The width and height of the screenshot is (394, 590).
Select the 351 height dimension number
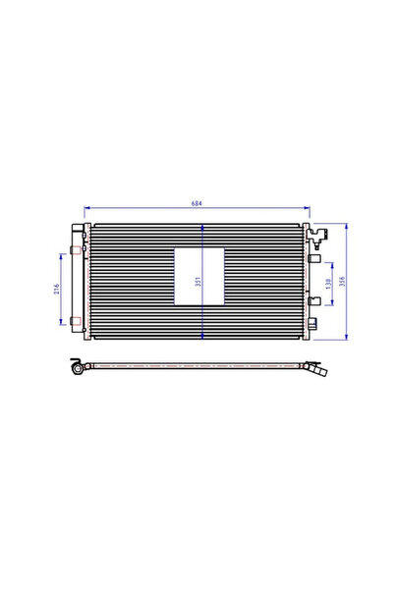pyautogui.click(x=197, y=282)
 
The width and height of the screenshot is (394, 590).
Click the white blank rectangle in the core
pyautogui.click(x=197, y=276)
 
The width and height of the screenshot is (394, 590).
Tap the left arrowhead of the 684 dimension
pyautogui.click(x=89, y=209)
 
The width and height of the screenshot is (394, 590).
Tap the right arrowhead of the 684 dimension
pyautogui.click(x=306, y=209)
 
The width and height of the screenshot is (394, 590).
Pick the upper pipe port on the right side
pyautogui.click(x=314, y=260)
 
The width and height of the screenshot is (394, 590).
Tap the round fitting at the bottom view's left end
pyautogui.click(x=77, y=369)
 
